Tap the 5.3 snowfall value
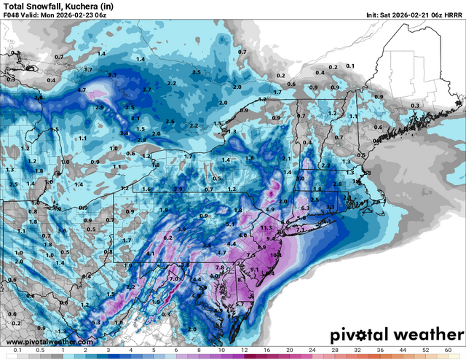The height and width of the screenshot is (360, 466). tap(97, 322)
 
